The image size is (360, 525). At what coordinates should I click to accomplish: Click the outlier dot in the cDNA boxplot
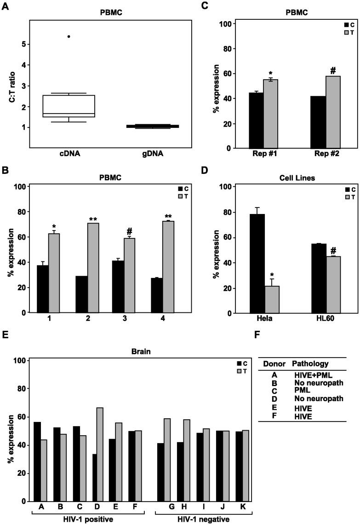[69, 36]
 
